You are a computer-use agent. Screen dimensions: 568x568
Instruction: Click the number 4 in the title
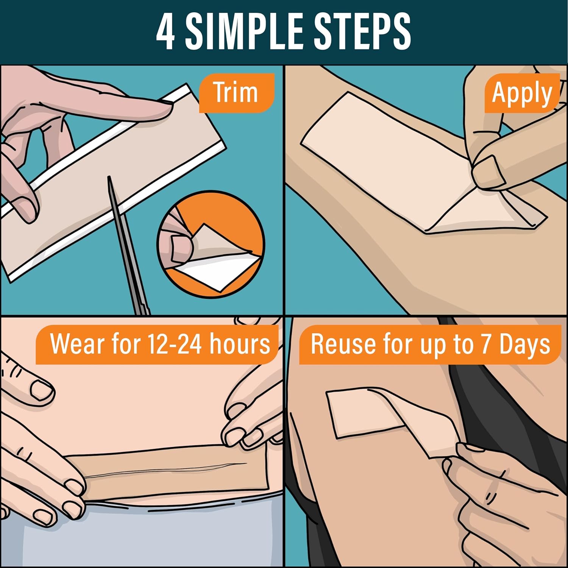165,32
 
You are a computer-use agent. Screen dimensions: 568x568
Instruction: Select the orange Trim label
236,93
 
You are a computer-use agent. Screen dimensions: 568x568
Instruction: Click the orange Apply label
522,94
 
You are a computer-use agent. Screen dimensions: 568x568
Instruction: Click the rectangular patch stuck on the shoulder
360,415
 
